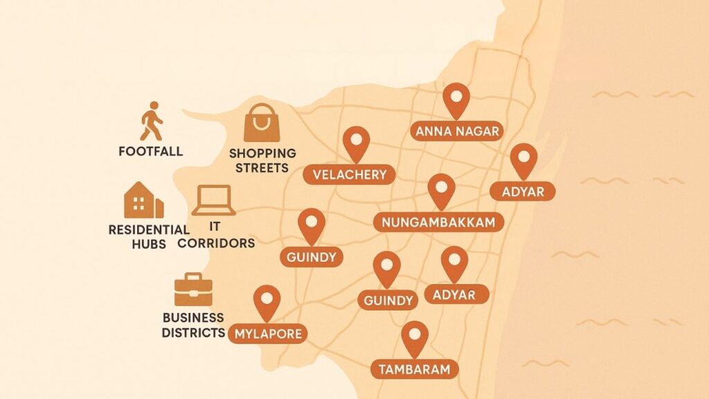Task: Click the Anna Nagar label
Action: (x=456, y=131)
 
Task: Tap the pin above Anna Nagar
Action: (x=456, y=99)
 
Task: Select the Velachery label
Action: (x=350, y=175)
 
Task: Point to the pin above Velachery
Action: (x=357, y=143)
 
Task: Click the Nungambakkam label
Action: (x=438, y=222)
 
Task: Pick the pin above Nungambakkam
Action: (x=441, y=189)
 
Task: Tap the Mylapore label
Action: (x=269, y=334)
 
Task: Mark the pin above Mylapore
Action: (x=267, y=301)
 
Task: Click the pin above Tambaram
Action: (x=415, y=337)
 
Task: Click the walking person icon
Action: (x=151, y=122)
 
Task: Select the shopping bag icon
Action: (x=262, y=123)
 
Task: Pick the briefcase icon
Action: (x=193, y=290)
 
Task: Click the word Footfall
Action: (x=151, y=151)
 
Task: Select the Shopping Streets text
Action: (x=262, y=160)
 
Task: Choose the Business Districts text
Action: (x=193, y=325)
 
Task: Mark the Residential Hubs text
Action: (x=148, y=236)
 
